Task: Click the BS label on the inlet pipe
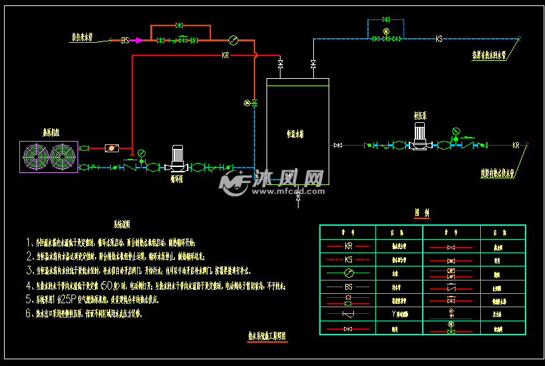[125, 40]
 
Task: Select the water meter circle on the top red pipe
[232, 39]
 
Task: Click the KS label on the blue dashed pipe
[439, 39]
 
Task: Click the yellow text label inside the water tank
[295, 134]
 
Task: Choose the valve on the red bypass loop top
[179, 25]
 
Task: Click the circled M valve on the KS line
[386, 32]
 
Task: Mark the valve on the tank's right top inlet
[313, 64]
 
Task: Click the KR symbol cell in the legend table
[347, 246]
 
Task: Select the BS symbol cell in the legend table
[347, 287]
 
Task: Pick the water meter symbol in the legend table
[347, 273]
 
